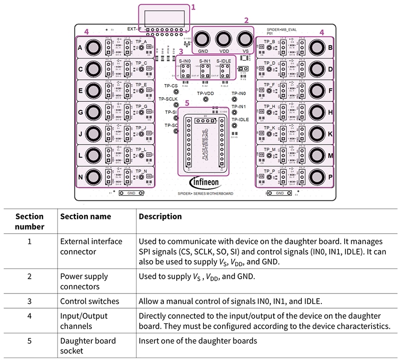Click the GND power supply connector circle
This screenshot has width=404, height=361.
pos(202,39)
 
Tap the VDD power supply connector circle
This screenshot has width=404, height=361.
pos(223,39)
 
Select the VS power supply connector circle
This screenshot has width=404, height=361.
pos(244,39)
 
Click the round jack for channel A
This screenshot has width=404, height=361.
pos(93,48)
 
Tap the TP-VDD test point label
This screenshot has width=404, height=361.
pos(206,93)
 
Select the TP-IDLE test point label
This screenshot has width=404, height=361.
pos(240,119)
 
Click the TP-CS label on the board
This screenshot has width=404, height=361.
pos(171,86)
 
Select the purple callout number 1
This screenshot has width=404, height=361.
pos(193,7)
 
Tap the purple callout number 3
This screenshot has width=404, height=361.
pos(181,51)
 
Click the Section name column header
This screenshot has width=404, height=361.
pos(86,216)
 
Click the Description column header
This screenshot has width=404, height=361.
pos(160,216)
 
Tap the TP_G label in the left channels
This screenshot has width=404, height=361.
pos(141,106)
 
